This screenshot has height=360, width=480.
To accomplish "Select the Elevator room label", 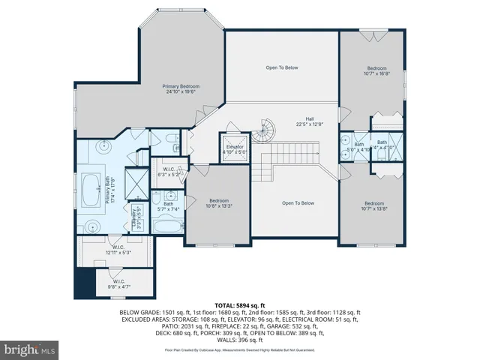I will coord(235,148).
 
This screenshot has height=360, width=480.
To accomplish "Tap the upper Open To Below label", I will coord(281,67).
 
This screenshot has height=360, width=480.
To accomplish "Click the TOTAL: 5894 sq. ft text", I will coord(240,305).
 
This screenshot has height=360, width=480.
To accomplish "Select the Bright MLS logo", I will coord(30,349).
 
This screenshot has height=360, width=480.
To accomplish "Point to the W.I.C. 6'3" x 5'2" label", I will coord(169,172).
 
